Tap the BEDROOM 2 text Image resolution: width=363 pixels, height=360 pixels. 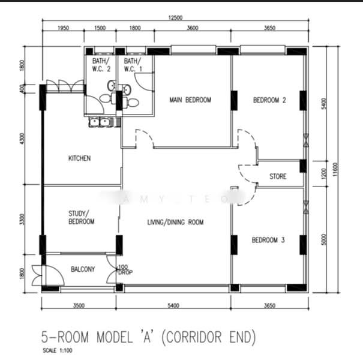269,100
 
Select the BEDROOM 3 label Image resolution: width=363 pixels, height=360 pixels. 268,240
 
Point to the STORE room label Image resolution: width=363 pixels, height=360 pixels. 278,176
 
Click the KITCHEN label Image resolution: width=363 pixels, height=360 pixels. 79,158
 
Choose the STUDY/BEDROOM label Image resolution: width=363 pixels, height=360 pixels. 82,217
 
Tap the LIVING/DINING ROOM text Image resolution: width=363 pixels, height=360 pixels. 175,222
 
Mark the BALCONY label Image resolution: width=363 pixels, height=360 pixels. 83,269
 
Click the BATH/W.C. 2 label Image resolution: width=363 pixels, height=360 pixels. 101,65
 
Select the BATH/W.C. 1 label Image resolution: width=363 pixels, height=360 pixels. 133,65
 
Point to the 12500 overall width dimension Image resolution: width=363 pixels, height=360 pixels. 175,19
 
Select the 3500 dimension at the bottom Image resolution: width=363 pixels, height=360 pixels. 79,306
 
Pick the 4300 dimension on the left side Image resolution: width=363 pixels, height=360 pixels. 22,138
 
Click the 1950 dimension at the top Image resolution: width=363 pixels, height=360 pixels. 62,28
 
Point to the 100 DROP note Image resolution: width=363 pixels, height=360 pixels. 125,269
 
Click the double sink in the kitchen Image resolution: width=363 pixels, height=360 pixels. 102,122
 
